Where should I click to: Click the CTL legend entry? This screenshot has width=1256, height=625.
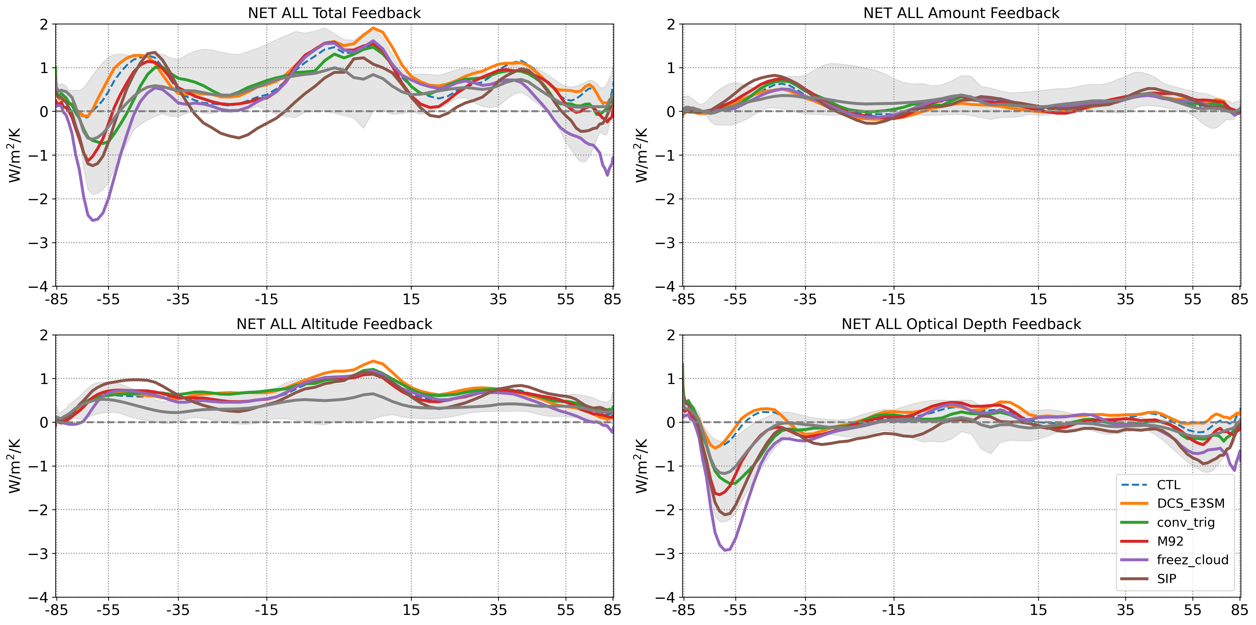1168,485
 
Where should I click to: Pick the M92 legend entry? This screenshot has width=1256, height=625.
1170,541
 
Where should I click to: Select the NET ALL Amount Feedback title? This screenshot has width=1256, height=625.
961,13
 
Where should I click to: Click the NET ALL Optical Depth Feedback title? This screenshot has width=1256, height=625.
961,324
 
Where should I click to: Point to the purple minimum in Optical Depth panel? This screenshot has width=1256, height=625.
726,550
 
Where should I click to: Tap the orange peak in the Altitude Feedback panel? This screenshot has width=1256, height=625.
373,361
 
